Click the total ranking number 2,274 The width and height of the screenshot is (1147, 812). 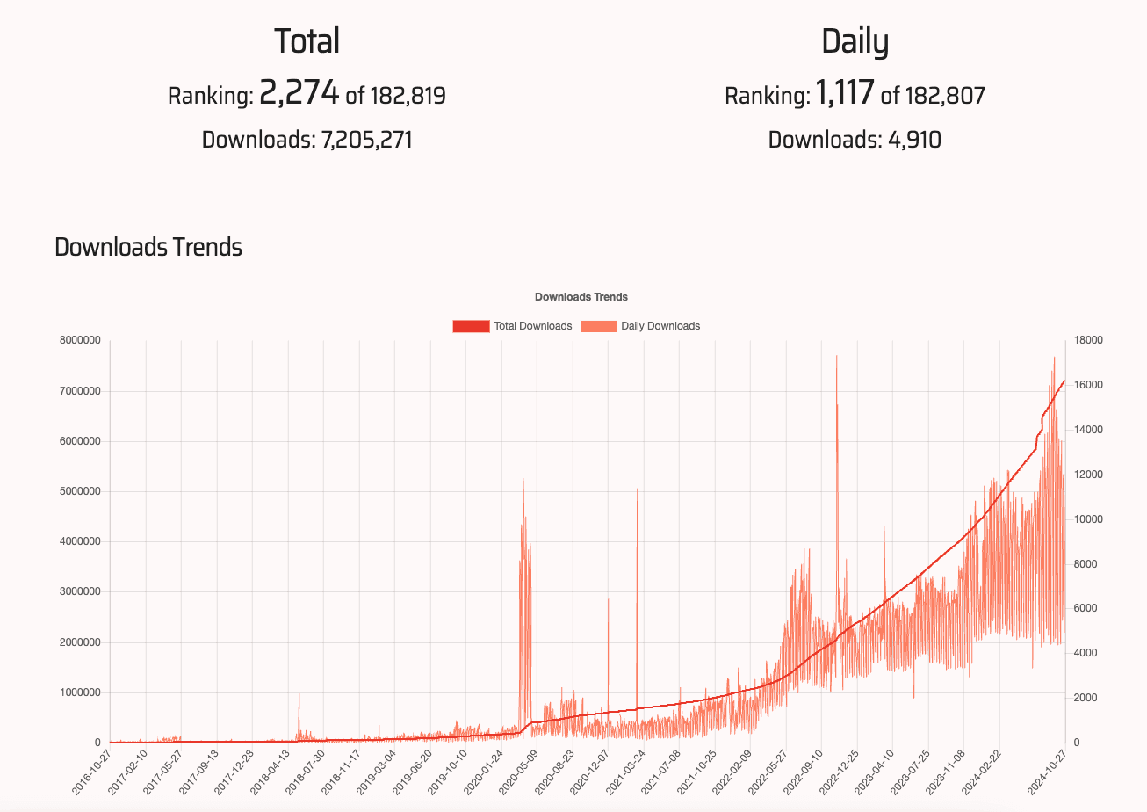(x=299, y=93)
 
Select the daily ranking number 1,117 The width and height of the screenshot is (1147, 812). (x=845, y=93)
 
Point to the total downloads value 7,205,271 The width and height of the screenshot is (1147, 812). (x=363, y=140)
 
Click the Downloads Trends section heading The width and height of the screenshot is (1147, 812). (x=148, y=248)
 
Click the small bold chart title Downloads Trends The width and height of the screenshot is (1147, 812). (x=581, y=297)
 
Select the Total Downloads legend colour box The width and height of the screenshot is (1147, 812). (x=471, y=326)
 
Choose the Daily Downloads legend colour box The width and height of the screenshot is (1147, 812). (x=597, y=326)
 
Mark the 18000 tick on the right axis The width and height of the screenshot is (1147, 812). (x=1089, y=341)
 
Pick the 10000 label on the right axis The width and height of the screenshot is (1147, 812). (x=1089, y=519)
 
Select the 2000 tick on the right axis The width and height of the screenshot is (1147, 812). (x=1086, y=698)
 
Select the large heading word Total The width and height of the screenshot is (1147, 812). (x=307, y=42)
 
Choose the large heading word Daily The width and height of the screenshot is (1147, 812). (x=855, y=42)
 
